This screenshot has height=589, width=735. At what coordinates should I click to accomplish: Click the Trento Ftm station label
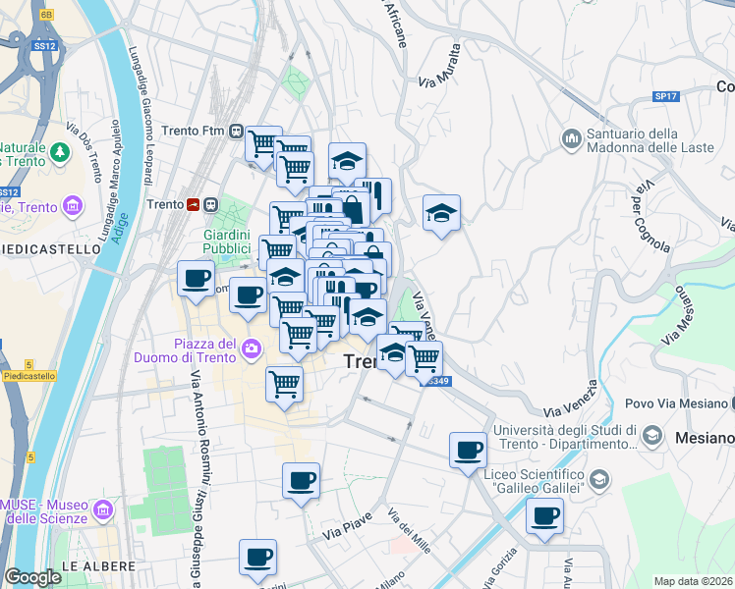pos(199,131)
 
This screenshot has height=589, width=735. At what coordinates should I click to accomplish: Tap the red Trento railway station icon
pos(195,204)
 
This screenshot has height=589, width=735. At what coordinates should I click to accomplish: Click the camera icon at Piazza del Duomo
pos(253,348)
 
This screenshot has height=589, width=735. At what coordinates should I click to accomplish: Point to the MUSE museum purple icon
pos(106,509)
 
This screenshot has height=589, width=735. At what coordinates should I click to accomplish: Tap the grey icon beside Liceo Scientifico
pos(600,478)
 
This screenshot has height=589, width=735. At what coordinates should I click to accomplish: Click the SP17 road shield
pos(666,96)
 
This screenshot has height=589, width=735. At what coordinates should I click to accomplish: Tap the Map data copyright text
pos(693,581)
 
